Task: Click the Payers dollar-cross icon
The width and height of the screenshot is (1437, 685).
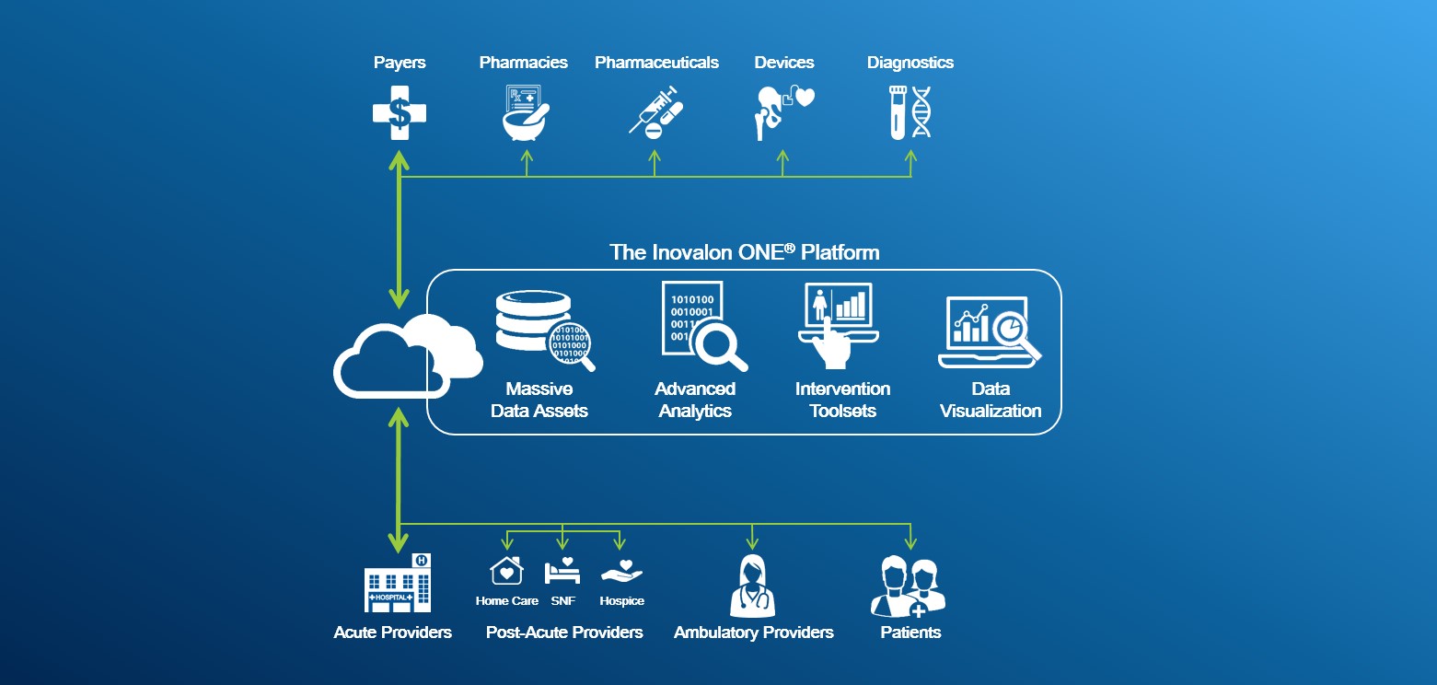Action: [x=400, y=113]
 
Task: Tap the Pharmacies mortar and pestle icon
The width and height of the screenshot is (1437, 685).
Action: [x=524, y=112]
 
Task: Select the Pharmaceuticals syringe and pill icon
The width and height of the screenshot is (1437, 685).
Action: [x=656, y=112]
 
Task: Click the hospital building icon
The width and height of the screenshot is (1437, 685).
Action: [x=398, y=584]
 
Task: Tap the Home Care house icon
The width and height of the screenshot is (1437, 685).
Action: [x=506, y=571]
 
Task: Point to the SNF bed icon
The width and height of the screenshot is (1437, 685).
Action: [x=562, y=571]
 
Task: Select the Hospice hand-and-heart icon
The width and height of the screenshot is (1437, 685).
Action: [x=621, y=571]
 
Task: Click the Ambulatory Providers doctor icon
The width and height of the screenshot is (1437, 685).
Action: [x=753, y=586]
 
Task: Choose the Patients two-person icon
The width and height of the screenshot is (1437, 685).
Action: [x=908, y=587]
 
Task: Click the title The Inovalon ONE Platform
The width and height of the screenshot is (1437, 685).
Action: [x=744, y=251]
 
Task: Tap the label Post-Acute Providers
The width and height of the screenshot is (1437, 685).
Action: [x=564, y=633]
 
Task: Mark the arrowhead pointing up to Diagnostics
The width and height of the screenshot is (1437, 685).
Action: [x=910, y=157]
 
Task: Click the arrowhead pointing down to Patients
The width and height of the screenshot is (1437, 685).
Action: [x=910, y=543]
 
